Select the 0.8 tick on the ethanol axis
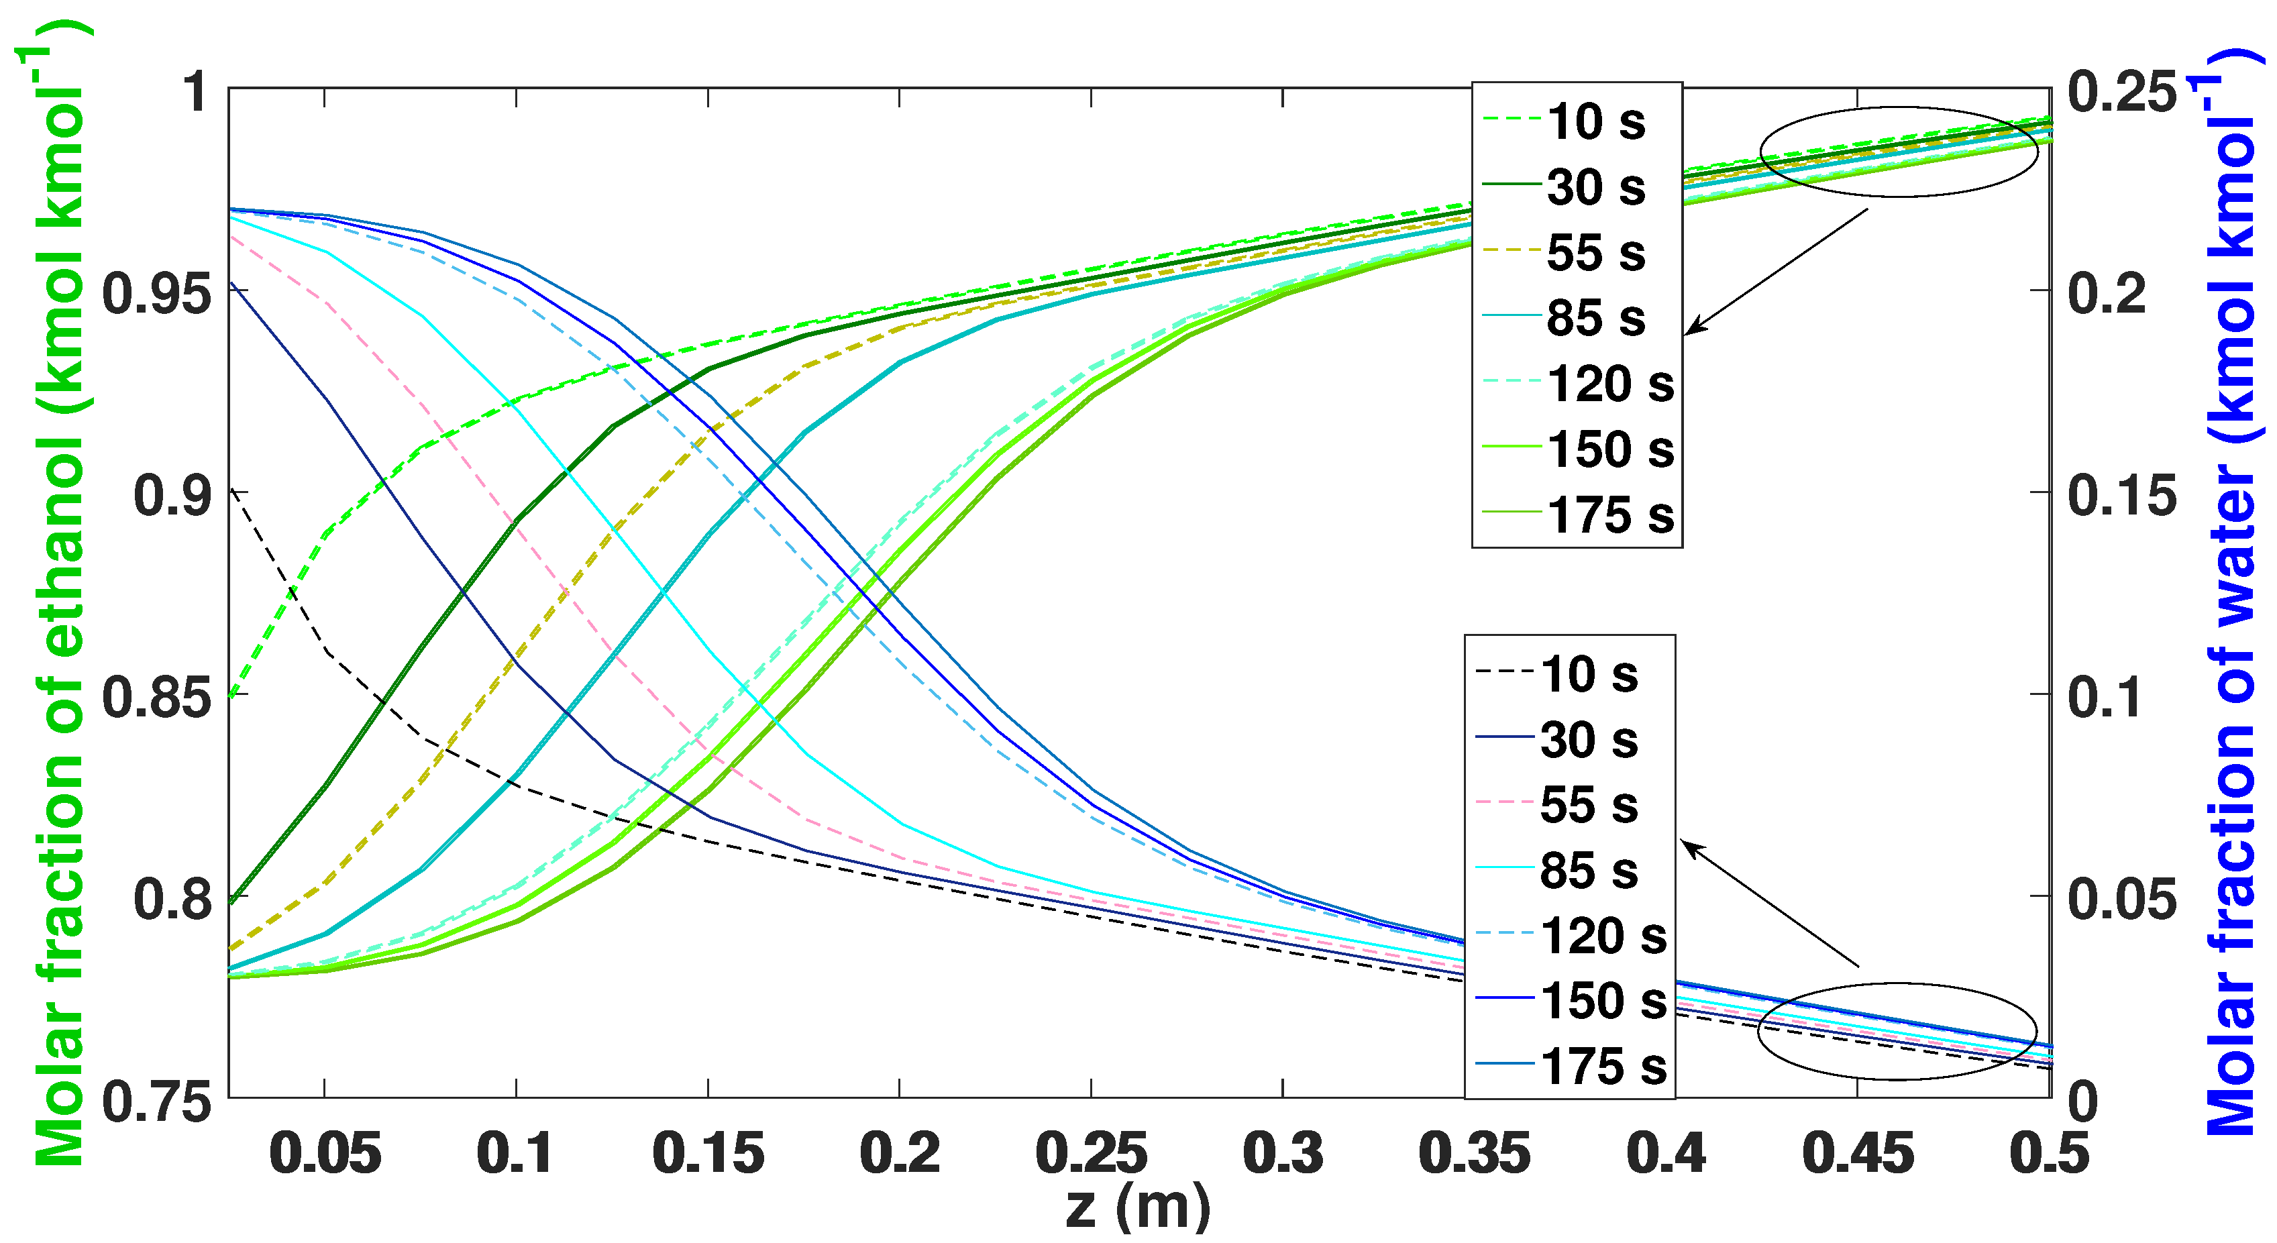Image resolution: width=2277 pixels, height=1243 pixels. pyautogui.click(x=172, y=899)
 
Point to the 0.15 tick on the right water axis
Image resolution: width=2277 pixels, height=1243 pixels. pyautogui.click(x=2121, y=494)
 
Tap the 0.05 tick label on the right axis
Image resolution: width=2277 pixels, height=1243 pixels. pyautogui.click(x=2121, y=899)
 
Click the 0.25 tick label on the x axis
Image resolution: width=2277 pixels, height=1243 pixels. pyautogui.click(x=1091, y=1154)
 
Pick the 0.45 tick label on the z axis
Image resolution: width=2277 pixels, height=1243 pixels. pyautogui.click(x=1857, y=1154)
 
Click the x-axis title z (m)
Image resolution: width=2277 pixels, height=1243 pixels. pyautogui.click(x=1138, y=1207)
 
